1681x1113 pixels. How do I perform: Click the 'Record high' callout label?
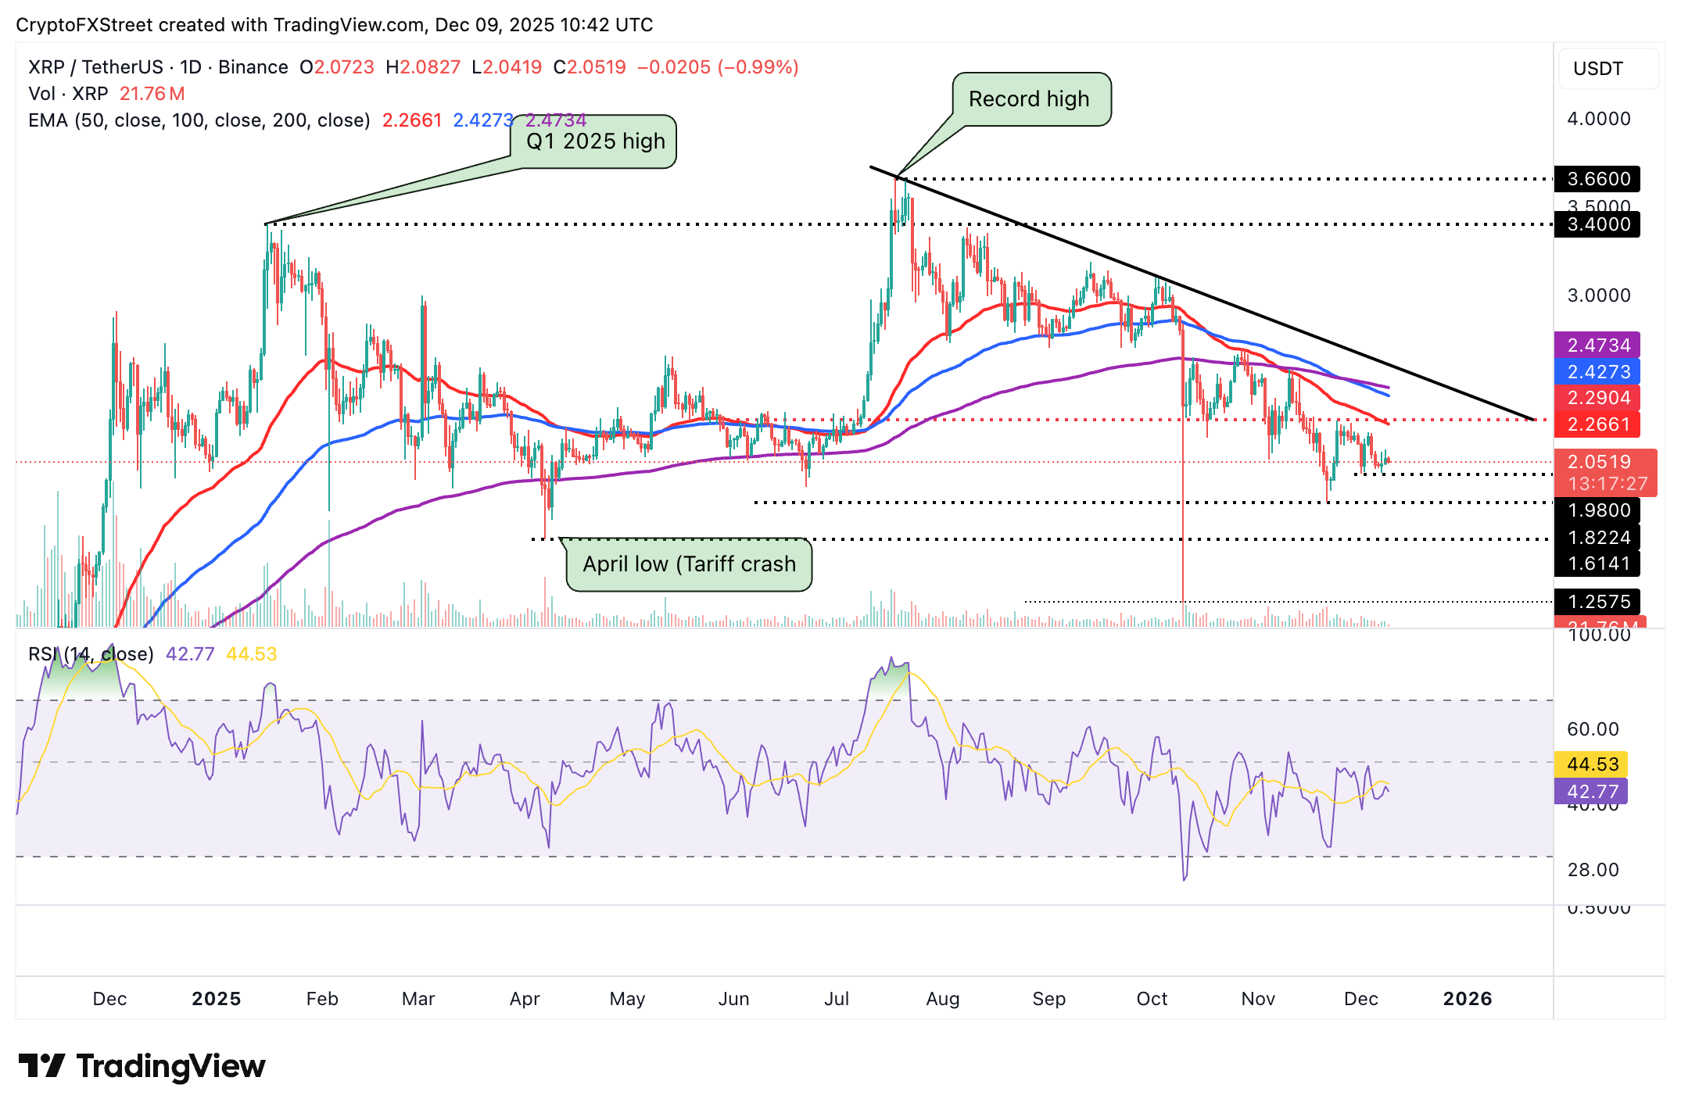pos(1029,99)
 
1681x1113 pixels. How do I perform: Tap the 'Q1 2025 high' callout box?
pos(595,141)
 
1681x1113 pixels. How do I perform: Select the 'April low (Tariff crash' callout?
pos(689,564)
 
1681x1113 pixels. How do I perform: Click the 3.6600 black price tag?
pos(1598,179)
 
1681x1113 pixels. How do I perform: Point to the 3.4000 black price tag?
pos(1598,224)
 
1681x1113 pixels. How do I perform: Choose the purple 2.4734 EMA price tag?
pos(1598,345)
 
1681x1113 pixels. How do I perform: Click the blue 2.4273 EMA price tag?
pos(1598,371)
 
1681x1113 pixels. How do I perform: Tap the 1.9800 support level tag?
pos(1598,510)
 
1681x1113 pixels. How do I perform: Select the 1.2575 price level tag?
pos(1598,601)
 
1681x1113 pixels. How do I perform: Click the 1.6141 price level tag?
pos(1598,564)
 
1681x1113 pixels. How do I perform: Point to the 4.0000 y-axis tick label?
pos(1599,119)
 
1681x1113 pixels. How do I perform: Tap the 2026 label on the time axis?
pos(1468,999)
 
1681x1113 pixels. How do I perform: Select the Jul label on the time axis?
pos(837,999)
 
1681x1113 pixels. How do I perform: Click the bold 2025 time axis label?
pos(217,999)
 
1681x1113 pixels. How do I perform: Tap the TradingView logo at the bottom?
pos(142,1066)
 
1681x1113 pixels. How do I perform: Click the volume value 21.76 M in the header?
pos(152,94)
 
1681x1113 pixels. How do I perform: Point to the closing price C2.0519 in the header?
pos(590,67)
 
